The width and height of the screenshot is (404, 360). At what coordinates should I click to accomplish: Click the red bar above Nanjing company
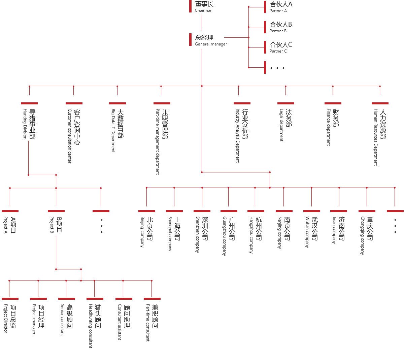(x=284, y=211)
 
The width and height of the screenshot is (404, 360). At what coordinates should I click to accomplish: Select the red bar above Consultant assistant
(x=124, y=298)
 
